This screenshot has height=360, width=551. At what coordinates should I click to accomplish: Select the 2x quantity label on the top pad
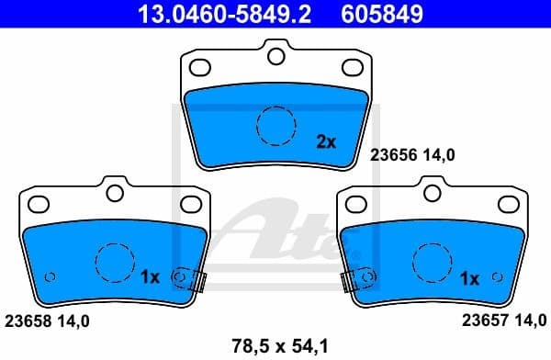point(327,141)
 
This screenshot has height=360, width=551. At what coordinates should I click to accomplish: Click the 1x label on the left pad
point(152,276)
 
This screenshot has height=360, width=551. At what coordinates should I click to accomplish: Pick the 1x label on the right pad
point(468,276)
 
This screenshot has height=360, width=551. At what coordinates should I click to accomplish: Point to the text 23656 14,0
point(412,156)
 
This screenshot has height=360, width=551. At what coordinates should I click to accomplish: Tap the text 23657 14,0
point(500,321)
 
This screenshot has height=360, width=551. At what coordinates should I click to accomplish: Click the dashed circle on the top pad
point(275,125)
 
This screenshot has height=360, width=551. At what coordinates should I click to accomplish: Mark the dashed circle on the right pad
point(432,262)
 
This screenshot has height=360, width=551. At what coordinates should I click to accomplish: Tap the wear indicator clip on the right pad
point(355,277)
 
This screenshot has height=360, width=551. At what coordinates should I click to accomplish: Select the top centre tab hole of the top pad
point(275,56)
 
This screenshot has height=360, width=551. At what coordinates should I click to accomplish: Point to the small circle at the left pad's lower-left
point(51,276)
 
